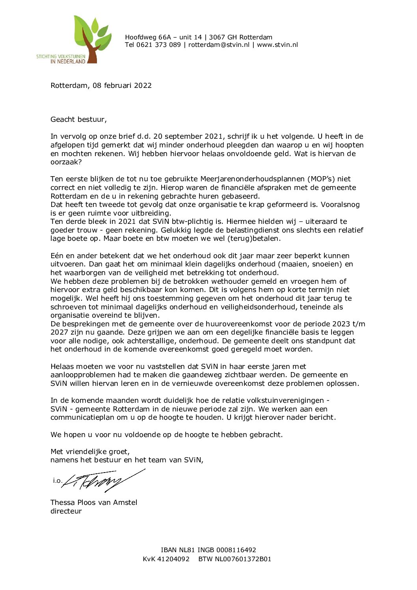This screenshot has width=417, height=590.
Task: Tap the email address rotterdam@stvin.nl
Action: [219, 45]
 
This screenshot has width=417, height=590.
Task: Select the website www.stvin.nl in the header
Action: [277, 45]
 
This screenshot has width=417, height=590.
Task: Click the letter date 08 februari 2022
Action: [122, 86]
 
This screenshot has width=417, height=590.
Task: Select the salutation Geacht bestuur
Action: [78, 119]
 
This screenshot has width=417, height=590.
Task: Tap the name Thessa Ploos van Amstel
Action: [94, 503]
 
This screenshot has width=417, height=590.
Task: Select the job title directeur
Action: [66, 511]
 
